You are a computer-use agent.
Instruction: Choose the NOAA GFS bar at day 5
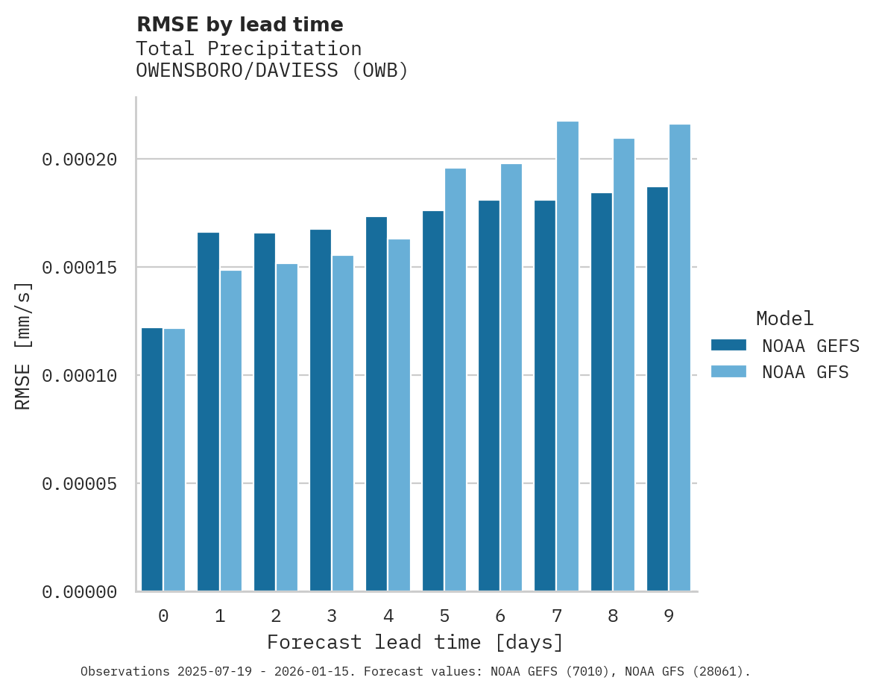coord(456,380)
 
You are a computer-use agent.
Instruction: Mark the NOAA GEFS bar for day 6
coord(489,396)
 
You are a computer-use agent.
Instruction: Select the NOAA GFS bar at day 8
coord(624,365)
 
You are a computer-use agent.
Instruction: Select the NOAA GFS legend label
coord(805,372)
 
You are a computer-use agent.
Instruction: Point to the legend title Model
coord(784,318)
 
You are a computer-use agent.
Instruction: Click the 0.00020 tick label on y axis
coord(80,160)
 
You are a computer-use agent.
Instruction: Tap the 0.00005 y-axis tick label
coord(80,484)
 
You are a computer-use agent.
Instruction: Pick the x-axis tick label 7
coord(556,616)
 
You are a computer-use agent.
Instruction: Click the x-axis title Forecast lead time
coord(415,642)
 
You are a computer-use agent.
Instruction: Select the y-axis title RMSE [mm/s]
coord(23,345)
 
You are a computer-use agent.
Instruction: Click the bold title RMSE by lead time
coord(240,25)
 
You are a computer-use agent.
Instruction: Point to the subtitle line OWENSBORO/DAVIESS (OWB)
coord(272,71)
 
